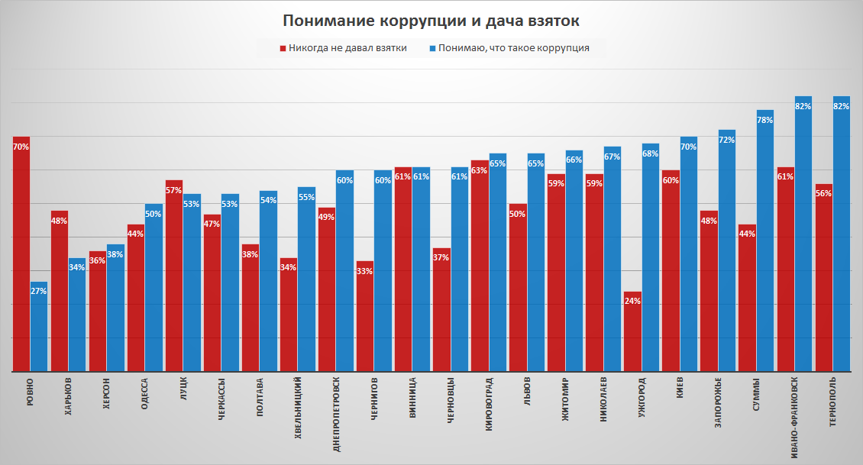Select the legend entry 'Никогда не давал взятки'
pos(347,48)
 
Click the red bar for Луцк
pos(174,276)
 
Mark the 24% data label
pos(632,301)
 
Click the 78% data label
pos(764,120)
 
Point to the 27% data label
pos(39,292)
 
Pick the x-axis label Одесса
pos(146,393)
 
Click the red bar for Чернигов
pos(365,316)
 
